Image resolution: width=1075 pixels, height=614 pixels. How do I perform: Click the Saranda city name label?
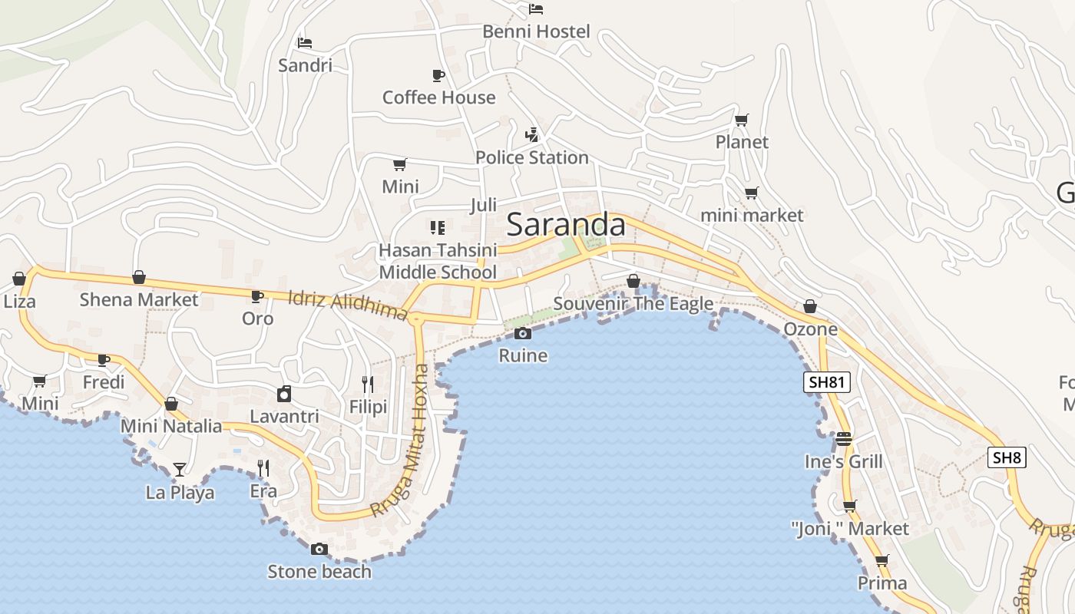pyautogui.click(x=566, y=225)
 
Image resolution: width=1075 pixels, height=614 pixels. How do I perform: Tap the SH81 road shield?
pyautogui.click(x=827, y=382)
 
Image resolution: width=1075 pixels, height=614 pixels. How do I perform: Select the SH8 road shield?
pyautogui.click(x=1007, y=458)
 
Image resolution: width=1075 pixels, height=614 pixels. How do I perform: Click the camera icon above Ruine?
pyautogui.click(x=523, y=333)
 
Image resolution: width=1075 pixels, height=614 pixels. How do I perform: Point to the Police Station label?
pyautogui.click(x=531, y=157)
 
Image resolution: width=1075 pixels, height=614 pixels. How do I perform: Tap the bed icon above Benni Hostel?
pyautogui.click(x=536, y=9)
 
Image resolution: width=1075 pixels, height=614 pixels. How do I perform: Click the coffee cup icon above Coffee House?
pyautogui.click(x=438, y=75)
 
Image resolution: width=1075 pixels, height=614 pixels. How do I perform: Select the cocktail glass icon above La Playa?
pyautogui.click(x=180, y=469)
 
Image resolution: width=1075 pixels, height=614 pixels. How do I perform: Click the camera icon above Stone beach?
pyautogui.click(x=319, y=549)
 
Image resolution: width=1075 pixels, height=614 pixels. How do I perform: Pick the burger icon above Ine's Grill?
pyautogui.click(x=844, y=439)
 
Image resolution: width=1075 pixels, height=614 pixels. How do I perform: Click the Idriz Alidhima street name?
pyautogui.click(x=347, y=305)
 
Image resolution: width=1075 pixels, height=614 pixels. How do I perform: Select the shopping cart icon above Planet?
pyautogui.click(x=742, y=120)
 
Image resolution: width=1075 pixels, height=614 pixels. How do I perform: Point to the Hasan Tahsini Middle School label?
pyautogui.click(x=438, y=261)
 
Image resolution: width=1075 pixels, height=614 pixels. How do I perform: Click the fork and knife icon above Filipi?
pyautogui.click(x=368, y=384)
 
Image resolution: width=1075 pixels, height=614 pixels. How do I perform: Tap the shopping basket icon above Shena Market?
pyautogui.click(x=139, y=277)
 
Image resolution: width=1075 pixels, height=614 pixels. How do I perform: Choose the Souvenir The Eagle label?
pyautogui.click(x=633, y=304)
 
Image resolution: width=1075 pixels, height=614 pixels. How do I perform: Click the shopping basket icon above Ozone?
pyautogui.click(x=810, y=307)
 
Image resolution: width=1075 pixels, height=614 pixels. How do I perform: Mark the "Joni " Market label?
pyautogui.click(x=849, y=529)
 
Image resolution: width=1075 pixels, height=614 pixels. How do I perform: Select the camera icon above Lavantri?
pyautogui.click(x=284, y=394)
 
